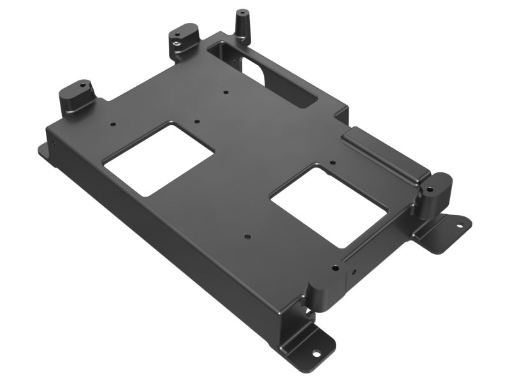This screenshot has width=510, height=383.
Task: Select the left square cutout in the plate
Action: coord(158,159)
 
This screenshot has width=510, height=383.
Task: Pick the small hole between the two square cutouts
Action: coord(247,236)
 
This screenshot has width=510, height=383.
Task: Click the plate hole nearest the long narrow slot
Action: coord(226,93)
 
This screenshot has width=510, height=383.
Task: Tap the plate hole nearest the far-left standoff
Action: coord(112,124)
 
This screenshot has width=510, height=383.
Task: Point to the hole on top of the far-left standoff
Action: coord(82,84)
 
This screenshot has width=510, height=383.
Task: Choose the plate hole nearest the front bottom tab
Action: coord(333,268)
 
